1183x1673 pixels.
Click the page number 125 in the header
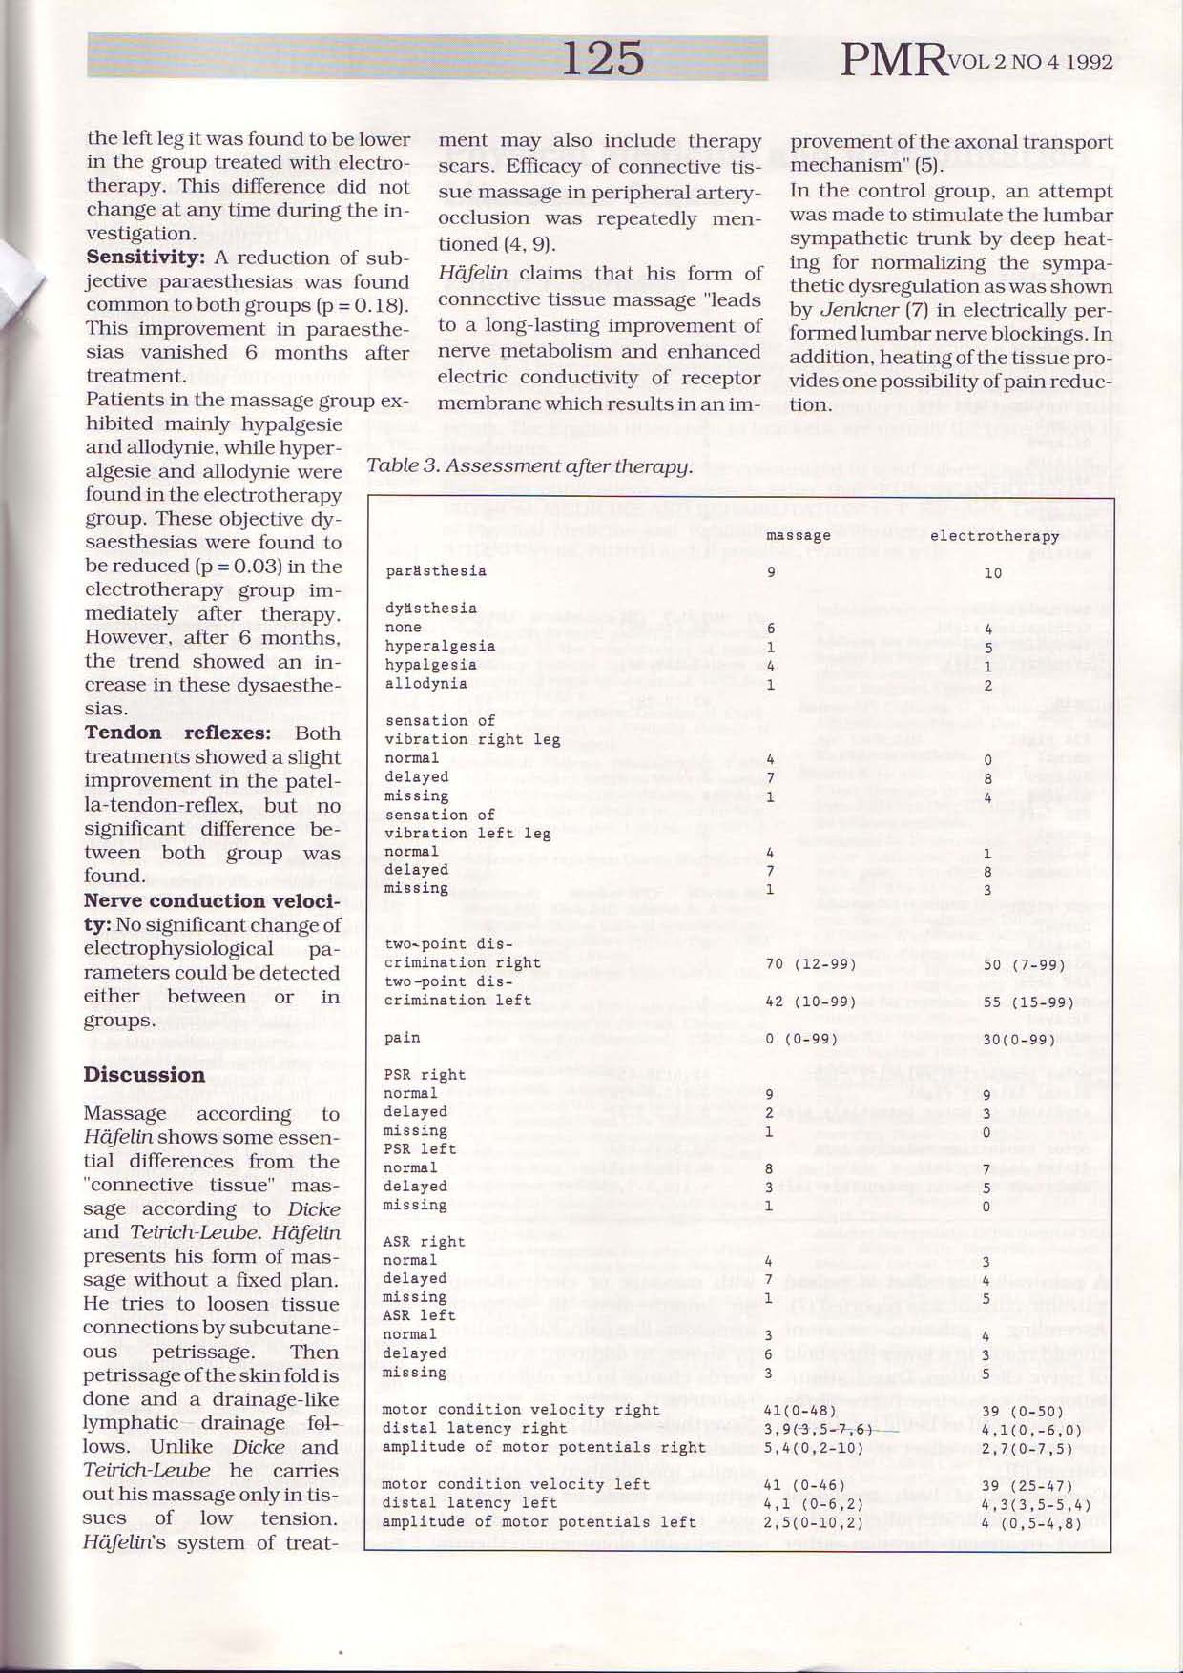pos(602,58)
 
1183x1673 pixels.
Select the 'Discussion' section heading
pos(144,1075)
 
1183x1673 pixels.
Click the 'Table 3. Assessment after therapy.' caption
pos(529,466)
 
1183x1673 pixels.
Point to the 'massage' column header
pos(799,536)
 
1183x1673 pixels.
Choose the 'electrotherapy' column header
pos(994,536)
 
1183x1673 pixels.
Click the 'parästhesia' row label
pos(436,571)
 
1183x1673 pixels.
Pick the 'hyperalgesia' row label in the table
pos(440,646)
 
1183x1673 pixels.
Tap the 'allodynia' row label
pos(426,683)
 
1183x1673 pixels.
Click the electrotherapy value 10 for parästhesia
pos(992,573)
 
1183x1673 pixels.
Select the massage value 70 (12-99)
pos(810,963)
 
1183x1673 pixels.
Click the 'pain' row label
pos(403,1038)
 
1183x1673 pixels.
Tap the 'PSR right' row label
pos(425,1075)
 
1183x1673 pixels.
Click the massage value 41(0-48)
pos(799,1410)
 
